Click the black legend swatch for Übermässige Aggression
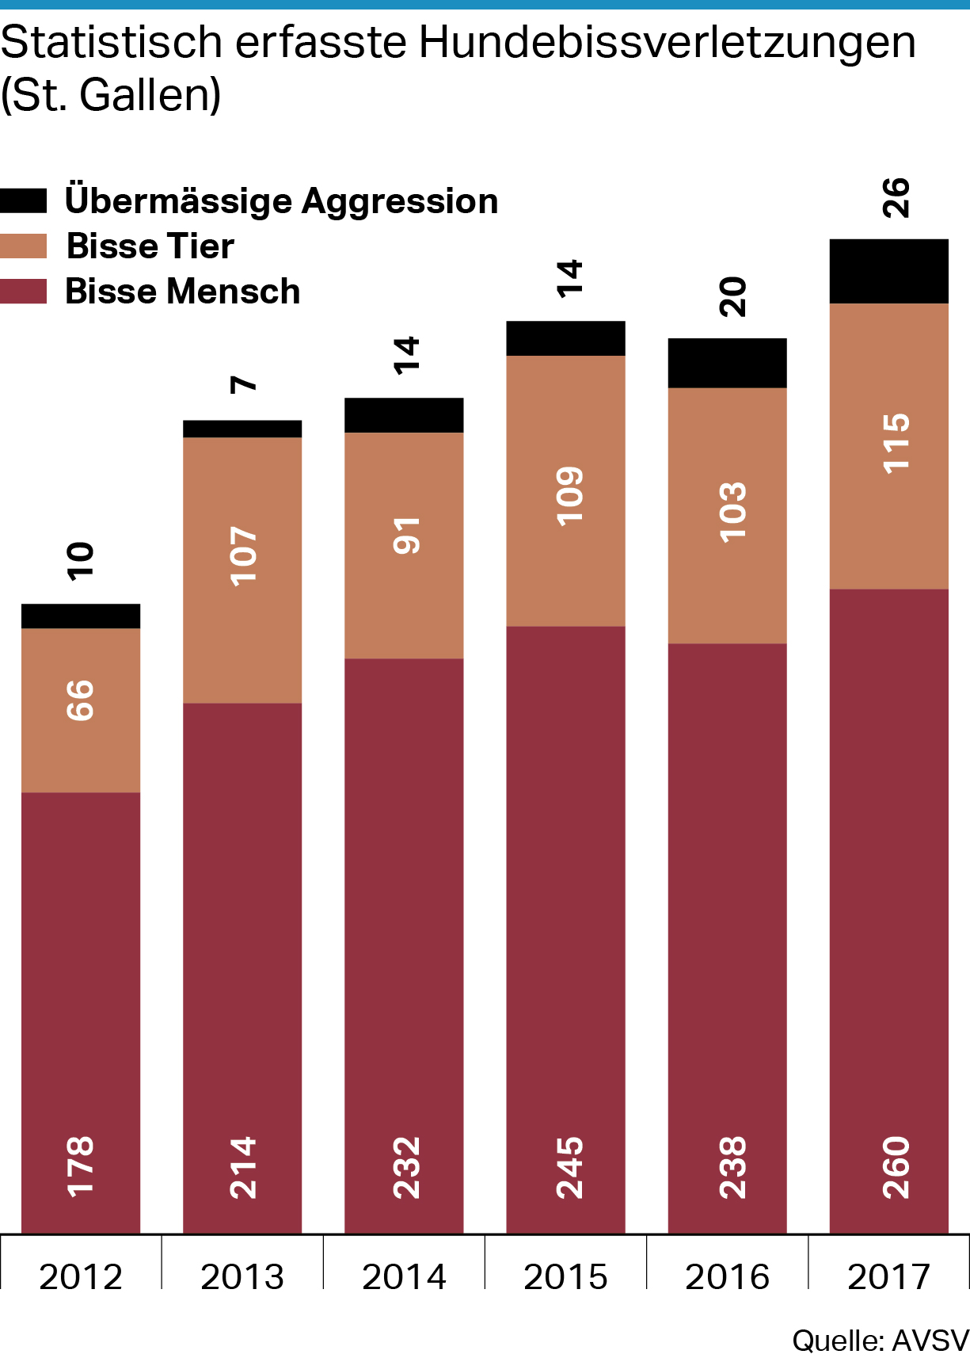pos(23,200)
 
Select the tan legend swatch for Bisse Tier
pos(23,246)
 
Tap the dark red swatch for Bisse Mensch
pos(23,292)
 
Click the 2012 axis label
pos(81,1277)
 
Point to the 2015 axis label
pos(565,1277)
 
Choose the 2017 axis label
pos(888,1277)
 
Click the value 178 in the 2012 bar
pos(81,1166)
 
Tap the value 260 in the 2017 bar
pos(896,1167)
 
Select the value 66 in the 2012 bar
pos(81,700)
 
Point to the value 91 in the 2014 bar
pos(407,536)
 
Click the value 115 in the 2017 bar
pos(896,444)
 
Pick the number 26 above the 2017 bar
pos(896,198)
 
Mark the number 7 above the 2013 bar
pos(244,384)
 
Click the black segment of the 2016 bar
pos(727,363)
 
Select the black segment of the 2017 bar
pos(888,271)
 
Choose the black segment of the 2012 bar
pos(81,616)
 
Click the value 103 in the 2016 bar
pos(733,512)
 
